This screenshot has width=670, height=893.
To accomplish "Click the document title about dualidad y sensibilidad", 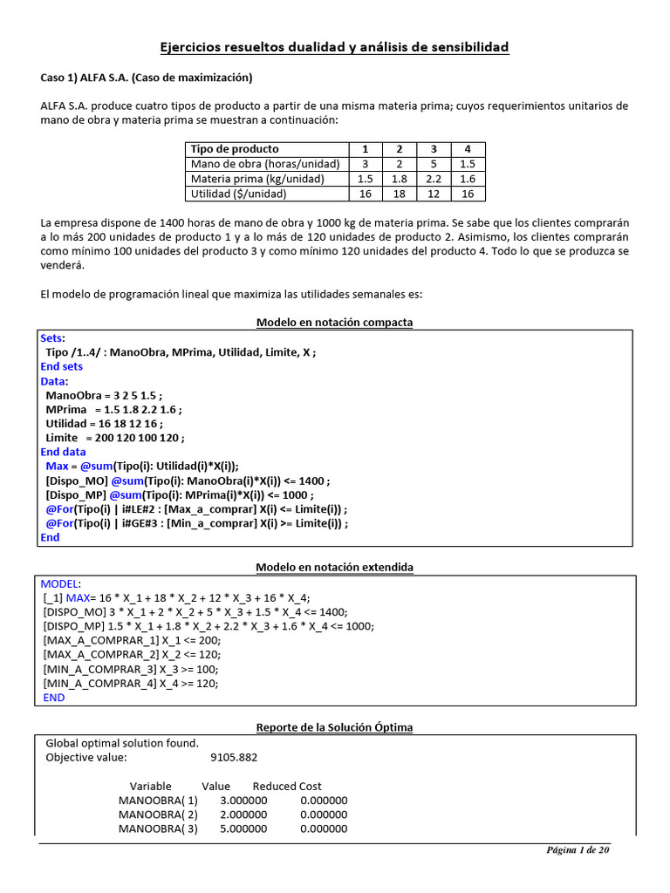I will click(x=334, y=46).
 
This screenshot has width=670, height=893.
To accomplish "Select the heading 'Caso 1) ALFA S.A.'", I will click(x=147, y=78).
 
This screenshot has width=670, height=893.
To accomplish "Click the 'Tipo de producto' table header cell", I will click(x=235, y=149).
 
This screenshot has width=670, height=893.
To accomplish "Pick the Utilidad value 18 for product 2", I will click(x=399, y=194).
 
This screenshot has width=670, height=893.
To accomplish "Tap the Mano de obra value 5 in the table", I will click(x=433, y=164).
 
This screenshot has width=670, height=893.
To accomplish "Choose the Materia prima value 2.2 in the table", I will click(x=433, y=179).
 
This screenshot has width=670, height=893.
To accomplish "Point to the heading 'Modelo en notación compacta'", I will click(x=334, y=323).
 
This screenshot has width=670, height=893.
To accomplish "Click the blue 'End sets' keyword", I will click(x=62, y=367).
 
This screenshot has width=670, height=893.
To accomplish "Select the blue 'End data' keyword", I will click(x=63, y=452).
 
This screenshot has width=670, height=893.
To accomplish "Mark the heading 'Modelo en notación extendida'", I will click(x=334, y=568).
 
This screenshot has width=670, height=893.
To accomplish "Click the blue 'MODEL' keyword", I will click(x=60, y=583).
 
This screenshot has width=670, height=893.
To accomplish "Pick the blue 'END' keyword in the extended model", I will click(x=54, y=698).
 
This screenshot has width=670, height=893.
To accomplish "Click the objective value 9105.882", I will click(x=235, y=758).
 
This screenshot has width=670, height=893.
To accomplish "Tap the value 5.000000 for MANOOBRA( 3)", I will click(x=243, y=828).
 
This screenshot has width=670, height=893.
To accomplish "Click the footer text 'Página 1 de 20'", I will click(x=578, y=851).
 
